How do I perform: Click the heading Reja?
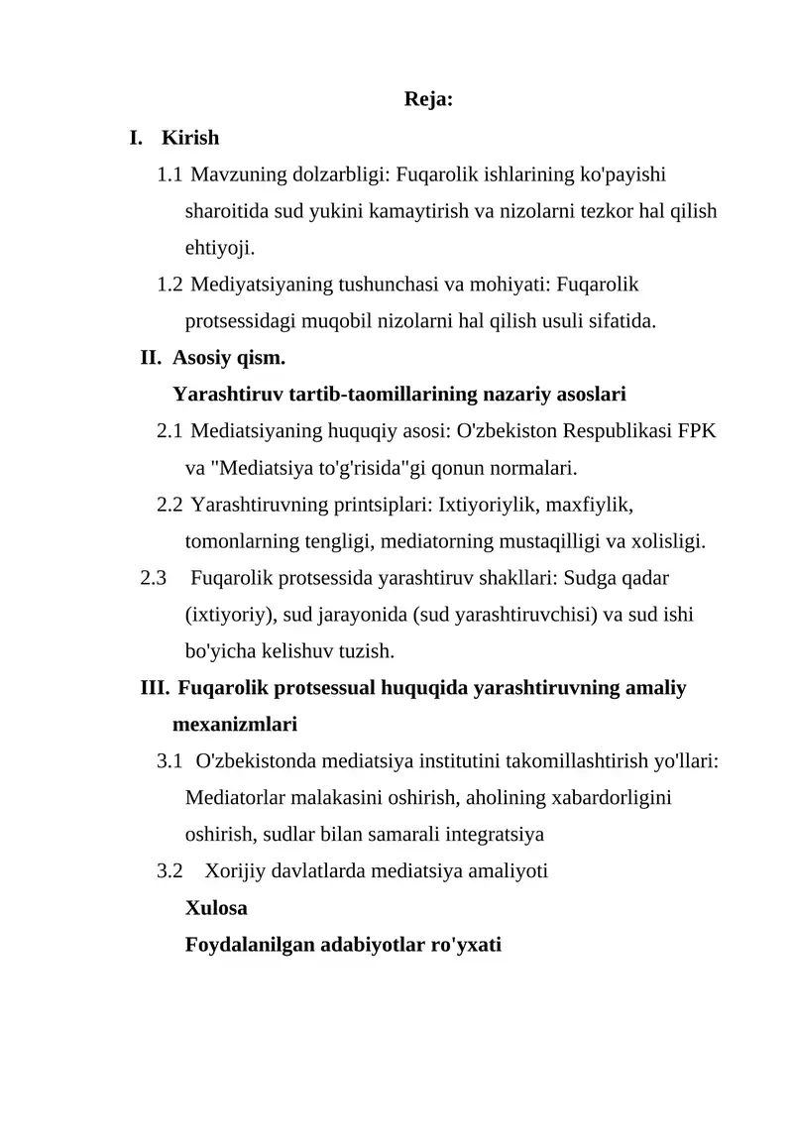429,100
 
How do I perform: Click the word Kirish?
190,138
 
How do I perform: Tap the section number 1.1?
170,175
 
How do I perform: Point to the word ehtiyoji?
212,248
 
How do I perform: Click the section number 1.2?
170,286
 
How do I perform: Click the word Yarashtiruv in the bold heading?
228,395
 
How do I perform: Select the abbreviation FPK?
699,431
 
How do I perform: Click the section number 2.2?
170,505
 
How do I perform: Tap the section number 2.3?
154,578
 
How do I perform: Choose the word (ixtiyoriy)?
231,615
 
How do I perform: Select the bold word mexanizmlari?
235,725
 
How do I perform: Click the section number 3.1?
170,761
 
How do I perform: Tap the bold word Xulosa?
216,907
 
